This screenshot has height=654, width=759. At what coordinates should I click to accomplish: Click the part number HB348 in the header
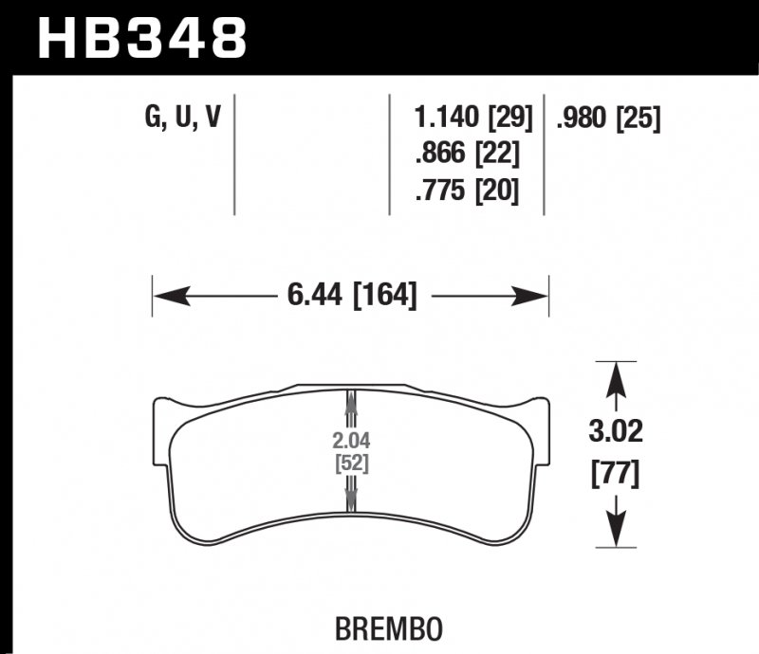[x=141, y=37]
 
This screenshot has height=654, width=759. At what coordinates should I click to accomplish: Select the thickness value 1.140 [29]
[x=472, y=118]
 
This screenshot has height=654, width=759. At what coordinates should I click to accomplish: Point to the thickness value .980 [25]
[x=609, y=118]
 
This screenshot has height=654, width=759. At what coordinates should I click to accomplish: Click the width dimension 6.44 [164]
[x=350, y=296]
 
